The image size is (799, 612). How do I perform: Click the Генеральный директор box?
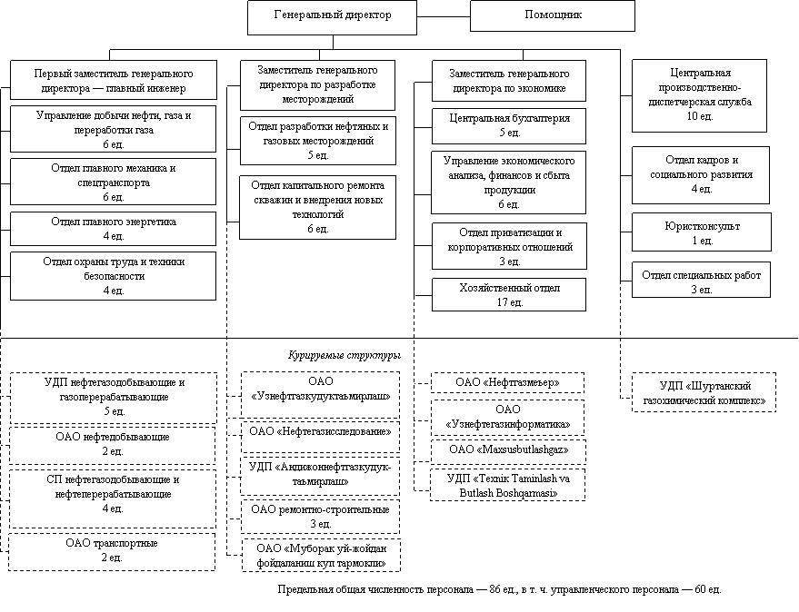pos(332,16)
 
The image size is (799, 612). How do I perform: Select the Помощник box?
pos(553,16)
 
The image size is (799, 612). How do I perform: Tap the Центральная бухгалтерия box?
pos(509,125)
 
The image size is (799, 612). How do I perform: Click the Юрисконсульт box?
pos(701,232)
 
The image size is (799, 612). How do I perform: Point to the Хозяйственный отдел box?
pos(509,295)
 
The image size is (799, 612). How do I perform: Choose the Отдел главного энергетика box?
pos(113,229)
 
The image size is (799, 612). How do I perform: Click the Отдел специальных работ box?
pos(701,281)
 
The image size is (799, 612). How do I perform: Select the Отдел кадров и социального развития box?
pos(701,174)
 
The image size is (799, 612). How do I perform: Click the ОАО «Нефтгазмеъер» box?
pos(507,382)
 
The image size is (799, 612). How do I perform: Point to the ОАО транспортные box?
pos(112,550)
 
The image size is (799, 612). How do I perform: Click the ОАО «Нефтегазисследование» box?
pos(320,431)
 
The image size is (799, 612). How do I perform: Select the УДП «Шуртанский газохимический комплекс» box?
pos(704,393)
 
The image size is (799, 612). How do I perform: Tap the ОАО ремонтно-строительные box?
pos(320,517)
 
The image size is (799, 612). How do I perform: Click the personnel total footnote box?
pos(499,591)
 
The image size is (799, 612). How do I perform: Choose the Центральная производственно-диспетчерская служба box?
pos(699,94)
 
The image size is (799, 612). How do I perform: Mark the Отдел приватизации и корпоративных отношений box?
pos(509,247)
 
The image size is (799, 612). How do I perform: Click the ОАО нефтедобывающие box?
pos(113,444)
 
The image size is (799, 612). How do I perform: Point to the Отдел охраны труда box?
pos(113,275)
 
